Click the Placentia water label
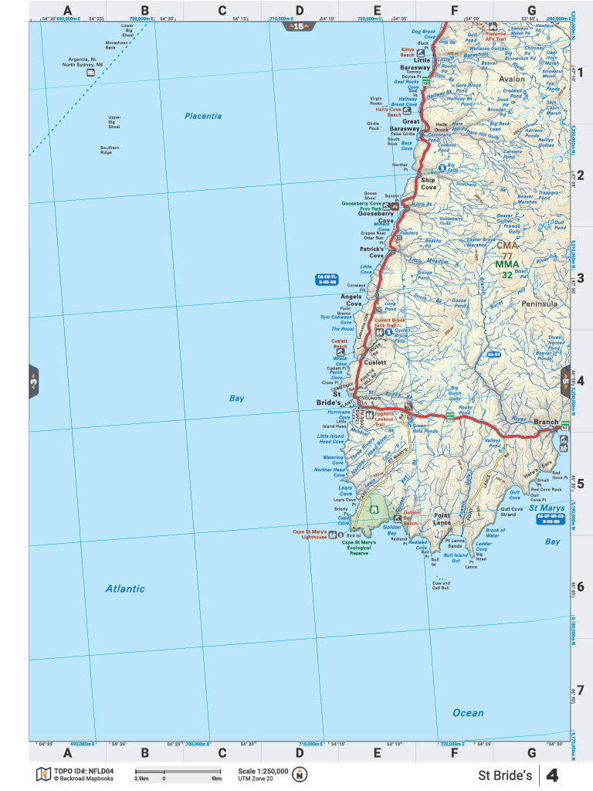(203, 116)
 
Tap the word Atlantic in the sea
(125, 589)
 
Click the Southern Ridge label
(110, 150)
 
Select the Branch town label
(546, 423)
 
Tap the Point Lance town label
(442, 519)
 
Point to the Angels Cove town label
(352, 300)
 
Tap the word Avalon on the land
(511, 79)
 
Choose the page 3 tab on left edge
(33, 381)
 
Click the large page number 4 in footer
(552, 775)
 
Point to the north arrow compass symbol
(299, 774)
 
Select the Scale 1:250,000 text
(263, 771)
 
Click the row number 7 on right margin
(581, 690)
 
